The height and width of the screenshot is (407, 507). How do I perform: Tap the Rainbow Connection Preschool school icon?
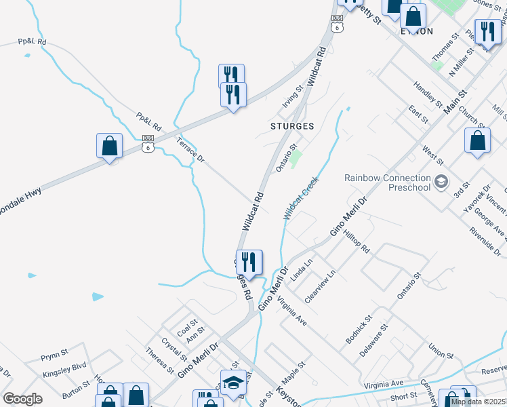pyautogui.click(x=441, y=181)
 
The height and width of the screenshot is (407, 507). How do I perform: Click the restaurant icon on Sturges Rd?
pyautogui.click(x=249, y=262)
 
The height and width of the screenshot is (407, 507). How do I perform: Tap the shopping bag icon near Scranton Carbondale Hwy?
pyautogui.click(x=109, y=145)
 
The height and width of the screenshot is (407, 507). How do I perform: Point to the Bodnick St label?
pyautogui.click(x=359, y=328)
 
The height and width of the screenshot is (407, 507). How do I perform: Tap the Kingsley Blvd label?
pyautogui.click(x=64, y=371)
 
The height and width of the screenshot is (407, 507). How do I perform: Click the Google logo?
pyautogui.click(x=22, y=399)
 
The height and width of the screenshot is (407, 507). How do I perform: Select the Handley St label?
pyautogui.click(x=428, y=96)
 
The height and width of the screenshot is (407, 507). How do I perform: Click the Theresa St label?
pyautogui.click(x=159, y=360)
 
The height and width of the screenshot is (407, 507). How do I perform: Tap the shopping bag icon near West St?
pyautogui.click(x=478, y=140)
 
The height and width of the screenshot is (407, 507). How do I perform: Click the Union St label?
pyautogui.click(x=440, y=351)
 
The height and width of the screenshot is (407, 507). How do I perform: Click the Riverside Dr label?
pyautogui.click(x=487, y=242)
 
